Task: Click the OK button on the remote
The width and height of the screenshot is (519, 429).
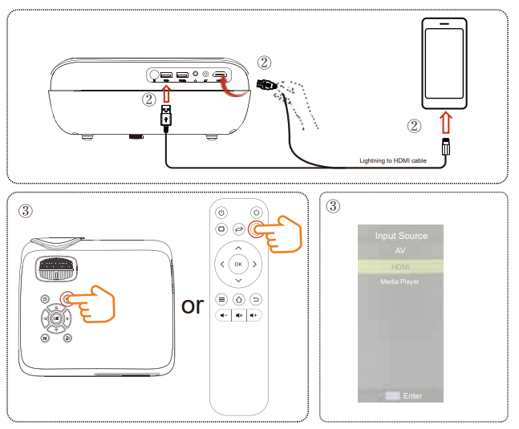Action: (x=238, y=264)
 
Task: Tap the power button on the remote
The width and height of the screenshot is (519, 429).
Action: (x=221, y=212)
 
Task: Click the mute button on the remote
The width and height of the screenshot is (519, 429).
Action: (x=238, y=315)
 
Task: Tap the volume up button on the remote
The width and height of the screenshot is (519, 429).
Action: (x=254, y=315)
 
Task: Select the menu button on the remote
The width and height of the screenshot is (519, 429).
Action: (x=221, y=299)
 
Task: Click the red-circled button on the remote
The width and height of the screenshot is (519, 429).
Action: (x=256, y=229)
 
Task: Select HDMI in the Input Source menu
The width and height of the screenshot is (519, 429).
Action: (x=400, y=266)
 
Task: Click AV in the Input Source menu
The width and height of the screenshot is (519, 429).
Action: (x=400, y=251)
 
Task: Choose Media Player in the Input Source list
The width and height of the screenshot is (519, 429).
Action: (x=400, y=281)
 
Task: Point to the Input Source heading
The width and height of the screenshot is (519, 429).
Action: (x=401, y=236)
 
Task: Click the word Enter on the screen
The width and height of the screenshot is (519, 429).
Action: (x=412, y=396)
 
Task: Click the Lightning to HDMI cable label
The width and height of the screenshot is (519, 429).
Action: (x=392, y=161)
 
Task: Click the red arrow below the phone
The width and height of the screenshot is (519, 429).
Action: (x=445, y=124)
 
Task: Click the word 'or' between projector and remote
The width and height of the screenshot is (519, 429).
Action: (x=193, y=305)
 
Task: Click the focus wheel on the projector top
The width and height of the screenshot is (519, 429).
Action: (x=57, y=268)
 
